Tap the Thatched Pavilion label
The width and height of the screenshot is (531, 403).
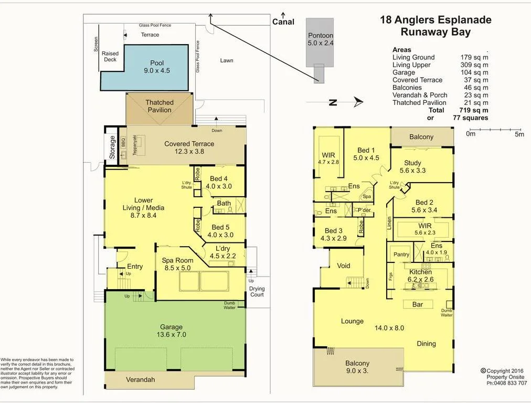(159, 106)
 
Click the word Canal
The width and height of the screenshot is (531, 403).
(283, 22)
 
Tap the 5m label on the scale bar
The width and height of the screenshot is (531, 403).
(519, 134)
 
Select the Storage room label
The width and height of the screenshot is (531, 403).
(112, 147)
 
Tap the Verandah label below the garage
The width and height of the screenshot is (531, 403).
(140, 379)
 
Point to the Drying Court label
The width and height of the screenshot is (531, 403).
(257, 292)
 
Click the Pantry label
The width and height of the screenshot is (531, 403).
(401, 254)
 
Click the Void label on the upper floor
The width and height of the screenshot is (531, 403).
(343, 266)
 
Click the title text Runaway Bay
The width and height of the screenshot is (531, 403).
(436, 31)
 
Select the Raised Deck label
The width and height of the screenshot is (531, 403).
(110, 57)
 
